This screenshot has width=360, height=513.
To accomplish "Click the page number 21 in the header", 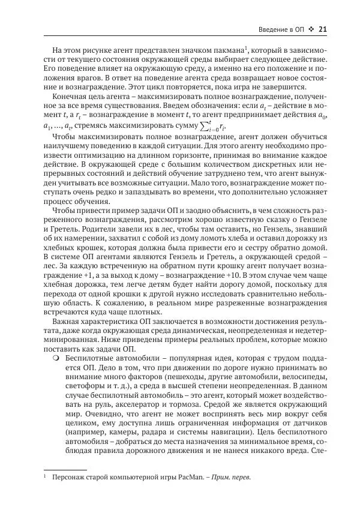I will coord(322,29).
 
